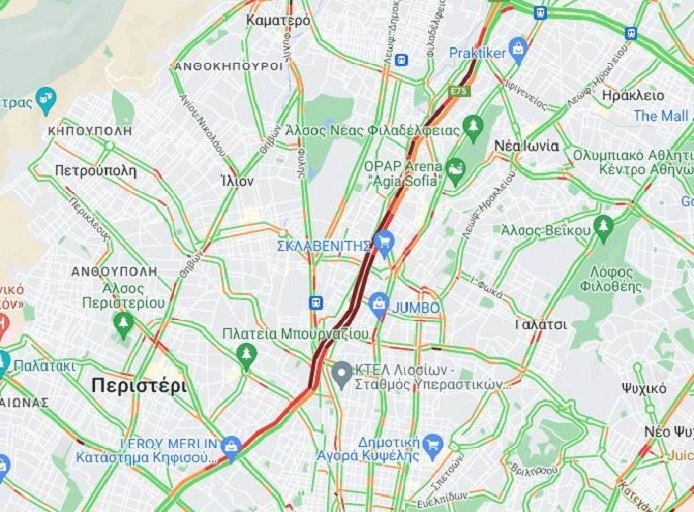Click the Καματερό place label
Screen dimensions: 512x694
279,20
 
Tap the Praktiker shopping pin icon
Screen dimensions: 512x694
518,47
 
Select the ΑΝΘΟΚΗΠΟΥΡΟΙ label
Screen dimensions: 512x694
229,65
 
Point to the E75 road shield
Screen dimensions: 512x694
459,92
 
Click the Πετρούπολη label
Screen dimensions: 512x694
95,171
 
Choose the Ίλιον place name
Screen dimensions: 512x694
237,181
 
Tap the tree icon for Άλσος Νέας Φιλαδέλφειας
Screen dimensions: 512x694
474,126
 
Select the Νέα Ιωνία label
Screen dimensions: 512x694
526,146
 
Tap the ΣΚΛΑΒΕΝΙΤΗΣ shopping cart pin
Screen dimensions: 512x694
385,241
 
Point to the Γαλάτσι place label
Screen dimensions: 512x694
541,324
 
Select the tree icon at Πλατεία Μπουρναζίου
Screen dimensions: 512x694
247,353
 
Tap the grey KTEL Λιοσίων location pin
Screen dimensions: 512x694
342,374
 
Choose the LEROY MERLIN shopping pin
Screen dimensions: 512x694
231,446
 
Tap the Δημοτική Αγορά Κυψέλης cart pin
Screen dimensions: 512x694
433,446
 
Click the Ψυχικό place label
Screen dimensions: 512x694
644,388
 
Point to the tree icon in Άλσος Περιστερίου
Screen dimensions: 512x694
123,321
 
